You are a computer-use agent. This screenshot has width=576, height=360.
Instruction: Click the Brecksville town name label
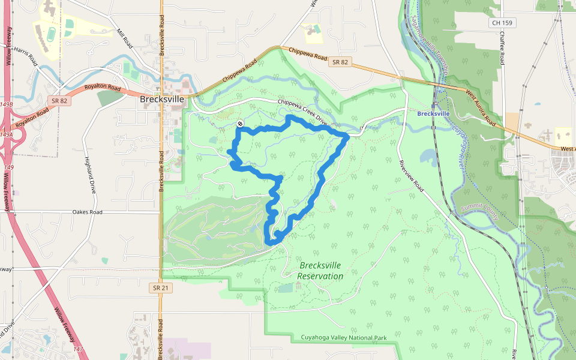click(161, 100)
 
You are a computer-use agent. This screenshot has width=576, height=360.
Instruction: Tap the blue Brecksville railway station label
click(433, 113)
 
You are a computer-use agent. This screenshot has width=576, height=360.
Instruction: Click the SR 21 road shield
click(155, 288)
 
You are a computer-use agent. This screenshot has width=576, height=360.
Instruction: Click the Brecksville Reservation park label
click(320, 271)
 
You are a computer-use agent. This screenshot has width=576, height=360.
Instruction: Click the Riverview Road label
click(412, 176)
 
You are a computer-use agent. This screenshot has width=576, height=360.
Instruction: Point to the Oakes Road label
click(87, 212)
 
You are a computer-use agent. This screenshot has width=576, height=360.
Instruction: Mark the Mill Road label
click(125, 39)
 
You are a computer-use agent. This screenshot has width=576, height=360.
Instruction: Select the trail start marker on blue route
click(239, 124)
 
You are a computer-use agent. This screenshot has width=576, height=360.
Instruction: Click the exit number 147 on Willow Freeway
click(79, 348)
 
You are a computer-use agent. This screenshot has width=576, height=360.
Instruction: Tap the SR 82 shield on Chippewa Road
click(340, 62)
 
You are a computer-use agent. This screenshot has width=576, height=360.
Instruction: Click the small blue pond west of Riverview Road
click(430, 157)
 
